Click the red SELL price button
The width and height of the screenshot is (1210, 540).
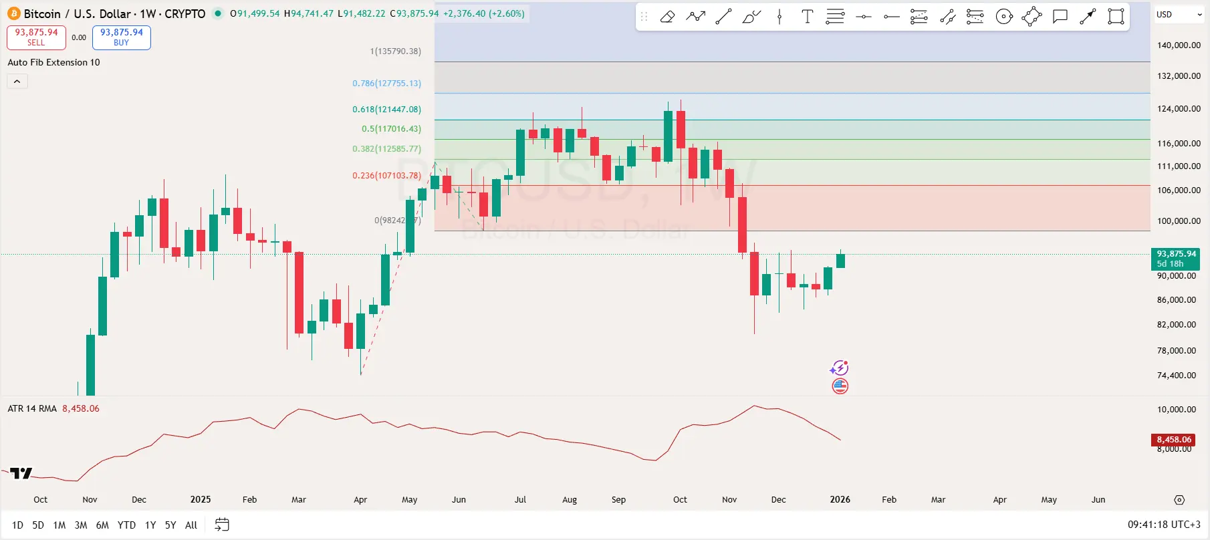36,37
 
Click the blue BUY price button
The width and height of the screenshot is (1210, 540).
121,37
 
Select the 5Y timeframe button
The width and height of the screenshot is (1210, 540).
170,525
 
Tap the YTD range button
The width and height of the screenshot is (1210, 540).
126,525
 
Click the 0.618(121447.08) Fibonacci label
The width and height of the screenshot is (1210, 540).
386,110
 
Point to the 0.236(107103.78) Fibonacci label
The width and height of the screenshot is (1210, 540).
386,176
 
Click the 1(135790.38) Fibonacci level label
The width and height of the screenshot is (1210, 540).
395,51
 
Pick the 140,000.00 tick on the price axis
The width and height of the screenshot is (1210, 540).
1179,45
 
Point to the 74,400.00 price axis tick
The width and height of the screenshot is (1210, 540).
1177,376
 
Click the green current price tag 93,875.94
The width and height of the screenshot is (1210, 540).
1175,258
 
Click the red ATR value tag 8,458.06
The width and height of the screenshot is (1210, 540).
1174,440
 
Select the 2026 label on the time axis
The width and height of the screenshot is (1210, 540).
840,500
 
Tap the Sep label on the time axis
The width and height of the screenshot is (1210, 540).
618,500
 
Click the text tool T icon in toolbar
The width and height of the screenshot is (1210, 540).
807,17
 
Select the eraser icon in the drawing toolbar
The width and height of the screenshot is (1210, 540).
667,17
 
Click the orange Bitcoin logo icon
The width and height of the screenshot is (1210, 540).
14,13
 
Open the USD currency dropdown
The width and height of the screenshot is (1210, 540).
1178,15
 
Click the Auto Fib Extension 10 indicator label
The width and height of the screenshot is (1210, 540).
53,62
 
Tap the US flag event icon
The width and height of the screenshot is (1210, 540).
840,386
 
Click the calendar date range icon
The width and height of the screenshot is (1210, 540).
222,525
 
